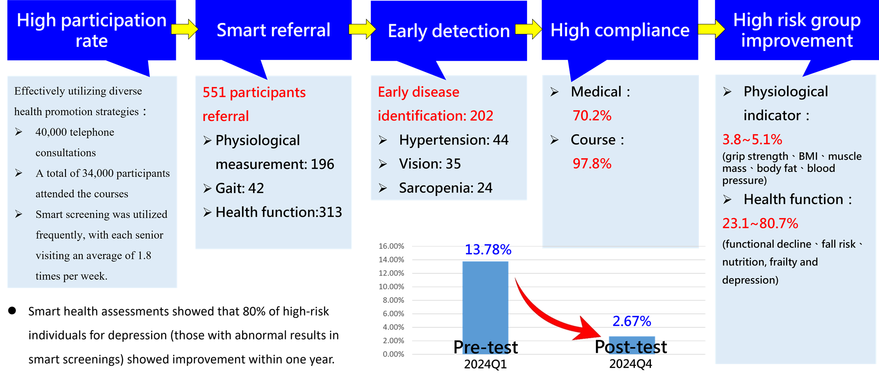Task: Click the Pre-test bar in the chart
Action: [x=485, y=308]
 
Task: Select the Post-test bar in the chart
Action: [x=632, y=345]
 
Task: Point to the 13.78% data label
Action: [x=488, y=250]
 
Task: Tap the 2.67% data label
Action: [x=632, y=321]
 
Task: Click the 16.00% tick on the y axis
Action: [x=391, y=246]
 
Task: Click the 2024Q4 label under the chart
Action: [x=631, y=364]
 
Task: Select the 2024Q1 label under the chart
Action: [x=485, y=364]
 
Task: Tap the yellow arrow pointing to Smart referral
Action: [x=185, y=29]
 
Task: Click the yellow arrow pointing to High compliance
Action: [x=529, y=29]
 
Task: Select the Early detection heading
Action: [x=449, y=31]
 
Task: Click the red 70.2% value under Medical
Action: [x=592, y=116]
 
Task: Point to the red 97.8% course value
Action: [x=592, y=164]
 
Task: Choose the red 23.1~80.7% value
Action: [x=760, y=223]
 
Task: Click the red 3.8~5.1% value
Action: [x=752, y=139]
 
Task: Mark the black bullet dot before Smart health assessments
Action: [x=12, y=311]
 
